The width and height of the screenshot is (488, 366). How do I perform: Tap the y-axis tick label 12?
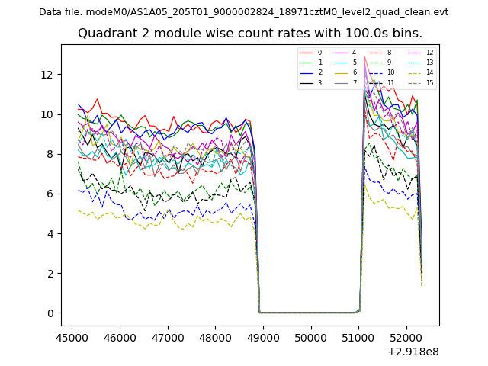[x=47, y=75]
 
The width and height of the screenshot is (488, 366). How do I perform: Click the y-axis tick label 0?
[x=50, y=313]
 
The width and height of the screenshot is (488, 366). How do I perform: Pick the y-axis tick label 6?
[x=50, y=194]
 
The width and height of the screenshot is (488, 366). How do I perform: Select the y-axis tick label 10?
[x=47, y=114]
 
